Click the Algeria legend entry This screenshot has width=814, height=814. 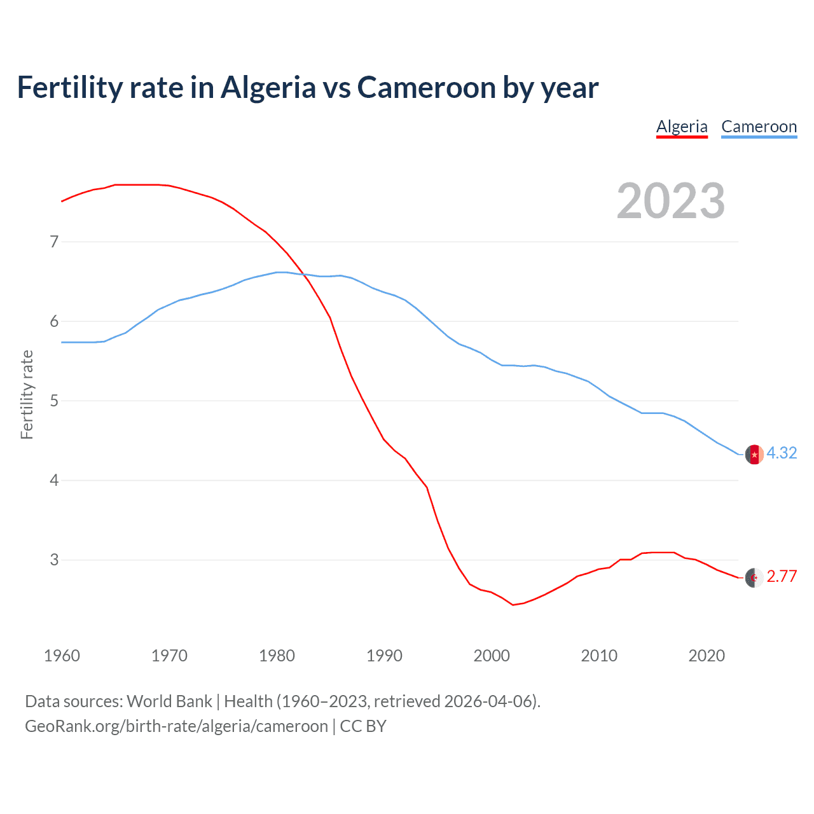pyautogui.click(x=682, y=127)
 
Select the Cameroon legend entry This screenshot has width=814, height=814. pyautogui.click(x=759, y=127)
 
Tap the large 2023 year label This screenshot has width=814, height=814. pyautogui.click(x=670, y=201)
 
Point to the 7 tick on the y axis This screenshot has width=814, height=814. pyautogui.click(x=54, y=242)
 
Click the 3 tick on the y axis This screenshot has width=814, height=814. pyautogui.click(x=54, y=560)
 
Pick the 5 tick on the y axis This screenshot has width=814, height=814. pyautogui.click(x=54, y=401)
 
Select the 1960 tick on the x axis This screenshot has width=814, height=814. pyautogui.click(x=62, y=656)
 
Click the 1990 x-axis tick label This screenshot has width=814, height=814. pyautogui.click(x=384, y=656)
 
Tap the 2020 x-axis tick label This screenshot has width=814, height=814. pyautogui.click(x=707, y=656)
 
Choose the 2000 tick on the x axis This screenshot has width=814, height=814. pyautogui.click(x=492, y=656)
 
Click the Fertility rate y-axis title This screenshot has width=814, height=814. pyautogui.click(x=27, y=394)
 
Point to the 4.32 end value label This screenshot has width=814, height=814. pyautogui.click(x=782, y=453)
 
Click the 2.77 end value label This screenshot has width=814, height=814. pyautogui.click(x=782, y=576)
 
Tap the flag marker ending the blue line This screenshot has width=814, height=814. pyautogui.click(x=754, y=455)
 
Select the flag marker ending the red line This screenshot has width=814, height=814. pyautogui.click(x=754, y=577)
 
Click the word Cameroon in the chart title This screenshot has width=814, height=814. pyautogui.click(x=427, y=88)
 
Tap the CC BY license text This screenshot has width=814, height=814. pyautogui.click(x=363, y=726)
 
